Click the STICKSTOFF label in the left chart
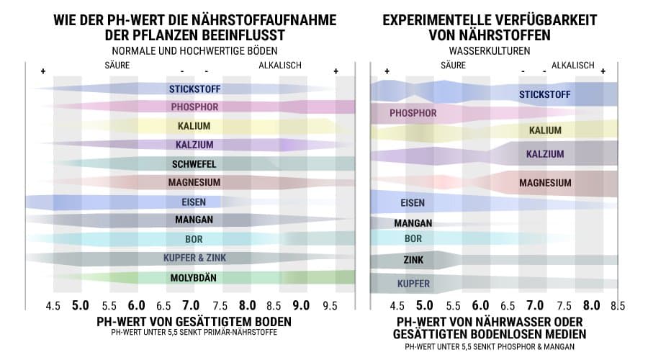(194, 89)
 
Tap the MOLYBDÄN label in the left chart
(194, 277)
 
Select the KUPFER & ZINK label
(194, 258)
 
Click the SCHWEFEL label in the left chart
(194, 163)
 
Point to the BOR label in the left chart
(194, 239)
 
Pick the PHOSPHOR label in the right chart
(413, 113)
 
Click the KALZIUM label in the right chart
(545, 154)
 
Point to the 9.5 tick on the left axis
(330, 305)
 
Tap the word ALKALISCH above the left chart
(280, 66)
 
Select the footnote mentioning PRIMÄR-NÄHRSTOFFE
(194, 333)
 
